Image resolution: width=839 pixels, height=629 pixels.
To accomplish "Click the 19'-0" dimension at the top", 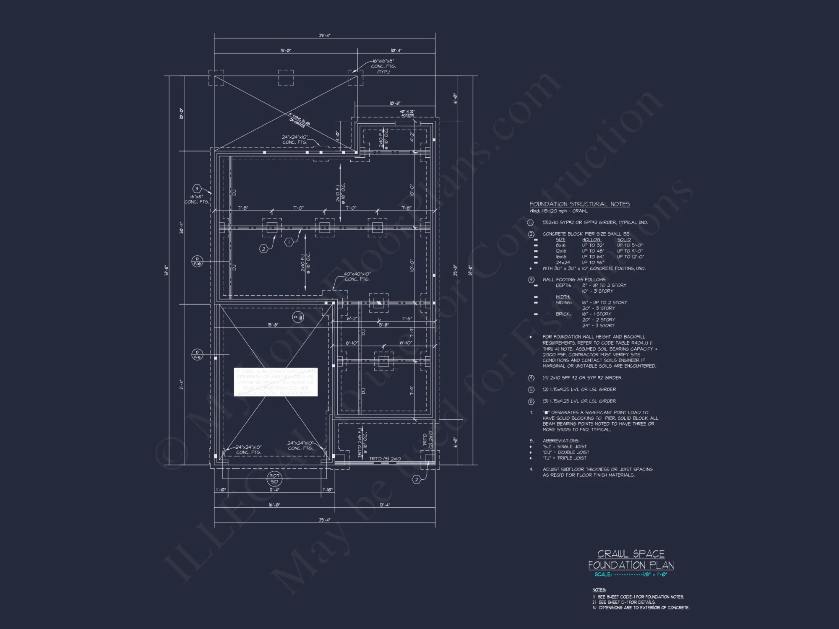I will pyautogui.click(x=286, y=50).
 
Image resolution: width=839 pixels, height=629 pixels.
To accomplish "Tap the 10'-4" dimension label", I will pyautogui.click(x=396, y=50).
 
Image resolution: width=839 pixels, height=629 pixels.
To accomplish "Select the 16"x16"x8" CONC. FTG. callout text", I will pyautogui.click(x=383, y=66).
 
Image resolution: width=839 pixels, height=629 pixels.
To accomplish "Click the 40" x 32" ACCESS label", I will pyautogui.click(x=407, y=113).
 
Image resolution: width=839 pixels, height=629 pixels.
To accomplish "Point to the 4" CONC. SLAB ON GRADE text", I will pyautogui.click(x=299, y=120).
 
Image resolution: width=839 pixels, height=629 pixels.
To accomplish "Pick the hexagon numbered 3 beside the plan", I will pyautogui.click(x=196, y=189).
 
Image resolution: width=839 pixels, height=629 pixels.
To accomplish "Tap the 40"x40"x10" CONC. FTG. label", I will pyautogui.click(x=357, y=276).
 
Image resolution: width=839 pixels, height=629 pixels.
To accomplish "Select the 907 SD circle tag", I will pyautogui.click(x=274, y=478).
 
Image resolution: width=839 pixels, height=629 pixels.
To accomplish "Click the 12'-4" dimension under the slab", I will pyautogui.click(x=274, y=490).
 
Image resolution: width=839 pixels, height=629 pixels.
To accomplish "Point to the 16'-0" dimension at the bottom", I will pyautogui.click(x=274, y=505).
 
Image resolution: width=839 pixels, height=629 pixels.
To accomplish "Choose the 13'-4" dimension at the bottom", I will pyautogui.click(x=384, y=505).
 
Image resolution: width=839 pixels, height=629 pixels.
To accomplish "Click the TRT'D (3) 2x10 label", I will pyautogui.click(x=385, y=459).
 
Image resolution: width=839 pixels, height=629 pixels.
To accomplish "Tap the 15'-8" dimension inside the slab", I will pyautogui.click(x=273, y=325).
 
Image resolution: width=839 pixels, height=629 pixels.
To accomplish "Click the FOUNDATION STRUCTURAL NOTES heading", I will pyautogui.click(x=579, y=204).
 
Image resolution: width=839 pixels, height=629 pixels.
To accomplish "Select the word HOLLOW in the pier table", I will pyautogui.click(x=591, y=240).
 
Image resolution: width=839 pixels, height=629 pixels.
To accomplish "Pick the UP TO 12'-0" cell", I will pyautogui.click(x=630, y=257).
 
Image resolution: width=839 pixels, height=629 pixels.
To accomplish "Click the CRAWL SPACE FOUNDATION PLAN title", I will pyautogui.click(x=631, y=559).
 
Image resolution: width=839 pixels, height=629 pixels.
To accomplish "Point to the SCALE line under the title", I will pyautogui.click(x=631, y=574).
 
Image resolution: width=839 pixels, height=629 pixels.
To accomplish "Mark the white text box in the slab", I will pyautogui.click(x=276, y=382).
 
